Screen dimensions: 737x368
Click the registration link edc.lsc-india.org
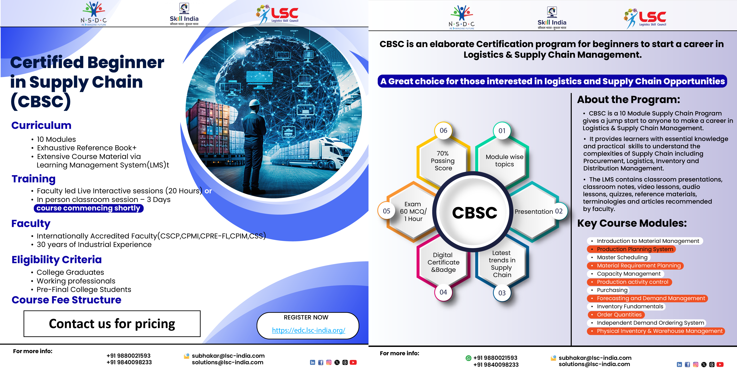point(308,330)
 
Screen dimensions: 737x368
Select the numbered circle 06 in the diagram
point(443,131)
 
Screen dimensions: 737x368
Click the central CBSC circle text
point(475,213)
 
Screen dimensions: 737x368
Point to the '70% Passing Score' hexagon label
point(443,161)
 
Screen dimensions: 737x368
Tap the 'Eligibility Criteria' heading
point(57,260)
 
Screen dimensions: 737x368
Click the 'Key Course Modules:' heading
point(632,223)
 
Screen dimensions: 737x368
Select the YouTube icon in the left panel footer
point(353,362)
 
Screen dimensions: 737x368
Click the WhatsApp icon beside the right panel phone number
point(468,358)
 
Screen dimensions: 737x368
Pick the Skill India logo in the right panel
point(552,18)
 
